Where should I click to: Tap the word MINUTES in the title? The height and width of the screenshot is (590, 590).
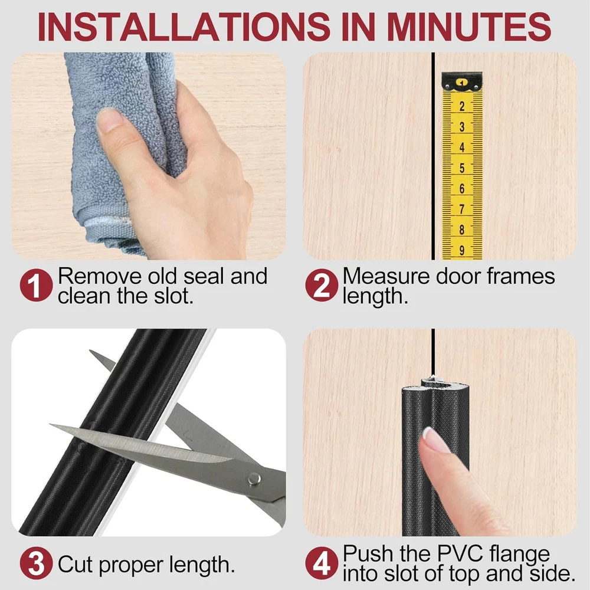[468, 27]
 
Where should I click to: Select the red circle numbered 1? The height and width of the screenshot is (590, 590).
[36, 285]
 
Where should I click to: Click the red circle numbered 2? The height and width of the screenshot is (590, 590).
[322, 285]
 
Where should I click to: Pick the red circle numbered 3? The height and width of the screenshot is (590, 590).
[36, 563]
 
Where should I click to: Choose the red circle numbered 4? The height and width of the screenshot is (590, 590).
[322, 563]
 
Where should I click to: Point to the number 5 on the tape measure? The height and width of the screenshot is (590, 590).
[462, 168]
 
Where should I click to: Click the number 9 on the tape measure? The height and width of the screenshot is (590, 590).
[462, 250]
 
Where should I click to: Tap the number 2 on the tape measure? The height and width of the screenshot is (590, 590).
[462, 106]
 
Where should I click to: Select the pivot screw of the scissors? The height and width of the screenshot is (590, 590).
[254, 479]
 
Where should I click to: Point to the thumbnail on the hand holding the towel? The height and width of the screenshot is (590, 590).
[110, 120]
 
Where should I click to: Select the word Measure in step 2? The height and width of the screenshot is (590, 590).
[386, 276]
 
